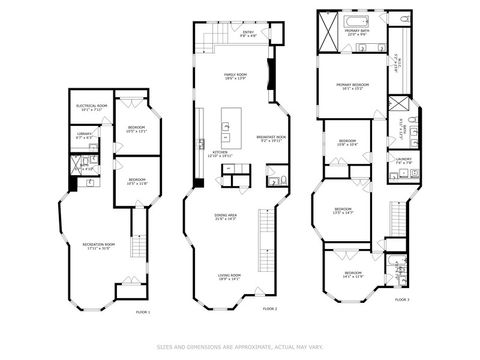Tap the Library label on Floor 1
coord(86,137)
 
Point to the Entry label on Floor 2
coord(249,35)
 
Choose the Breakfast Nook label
coord(272,139)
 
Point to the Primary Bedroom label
coord(353,86)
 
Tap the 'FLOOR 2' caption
coord(269,309)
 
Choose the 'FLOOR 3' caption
coord(401,298)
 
